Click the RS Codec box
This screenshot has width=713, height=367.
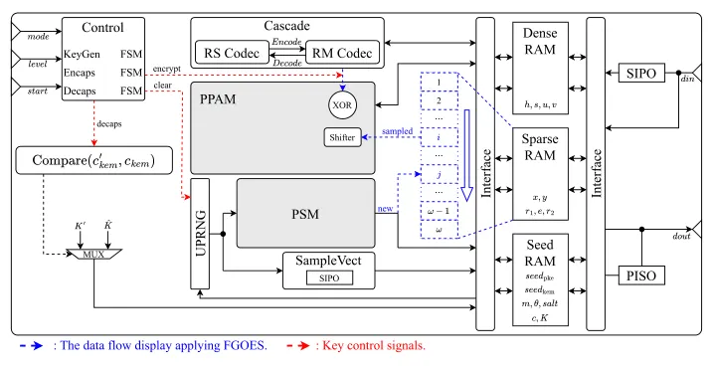(232, 53)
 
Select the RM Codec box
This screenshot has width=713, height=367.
(342, 53)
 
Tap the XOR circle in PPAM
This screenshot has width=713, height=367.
(342, 105)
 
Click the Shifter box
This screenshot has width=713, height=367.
(342, 137)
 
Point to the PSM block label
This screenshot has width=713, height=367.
(305, 214)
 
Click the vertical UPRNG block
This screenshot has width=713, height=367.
(200, 234)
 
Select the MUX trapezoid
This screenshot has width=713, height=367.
(93, 254)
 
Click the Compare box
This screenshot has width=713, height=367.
(94, 160)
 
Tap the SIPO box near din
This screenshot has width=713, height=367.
(641, 73)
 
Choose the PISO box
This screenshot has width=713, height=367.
(641, 275)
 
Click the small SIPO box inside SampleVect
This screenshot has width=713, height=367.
(329, 277)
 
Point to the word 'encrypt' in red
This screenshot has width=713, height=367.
(166, 69)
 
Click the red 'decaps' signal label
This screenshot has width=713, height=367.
(109, 123)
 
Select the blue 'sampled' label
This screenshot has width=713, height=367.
(397, 131)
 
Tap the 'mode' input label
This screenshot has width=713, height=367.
(38, 37)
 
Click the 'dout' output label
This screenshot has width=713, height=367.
(681, 236)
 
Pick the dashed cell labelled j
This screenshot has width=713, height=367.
(439, 174)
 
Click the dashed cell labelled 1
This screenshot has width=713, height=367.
(439, 82)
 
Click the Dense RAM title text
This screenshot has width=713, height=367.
(540, 41)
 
